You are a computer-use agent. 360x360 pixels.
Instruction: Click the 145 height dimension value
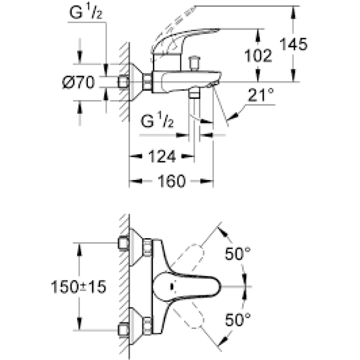(294, 44)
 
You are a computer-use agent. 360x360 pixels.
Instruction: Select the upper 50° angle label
(239, 254)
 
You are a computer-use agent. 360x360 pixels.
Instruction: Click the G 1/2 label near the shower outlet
(158, 122)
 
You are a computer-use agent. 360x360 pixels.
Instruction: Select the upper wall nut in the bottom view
(123, 243)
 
